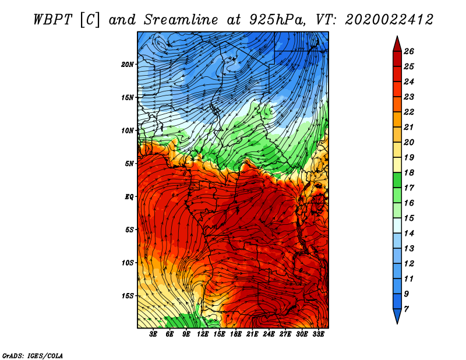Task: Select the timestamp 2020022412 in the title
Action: (x=389, y=19)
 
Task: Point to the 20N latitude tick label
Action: (x=128, y=64)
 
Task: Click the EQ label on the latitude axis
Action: (x=129, y=197)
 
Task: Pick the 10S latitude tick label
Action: (x=128, y=263)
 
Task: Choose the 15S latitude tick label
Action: (x=128, y=296)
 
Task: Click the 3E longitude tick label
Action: (x=154, y=334)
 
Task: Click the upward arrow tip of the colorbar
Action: (x=396, y=37)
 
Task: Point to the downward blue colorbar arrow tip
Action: (x=396, y=322)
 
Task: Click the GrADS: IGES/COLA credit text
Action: (x=32, y=355)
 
